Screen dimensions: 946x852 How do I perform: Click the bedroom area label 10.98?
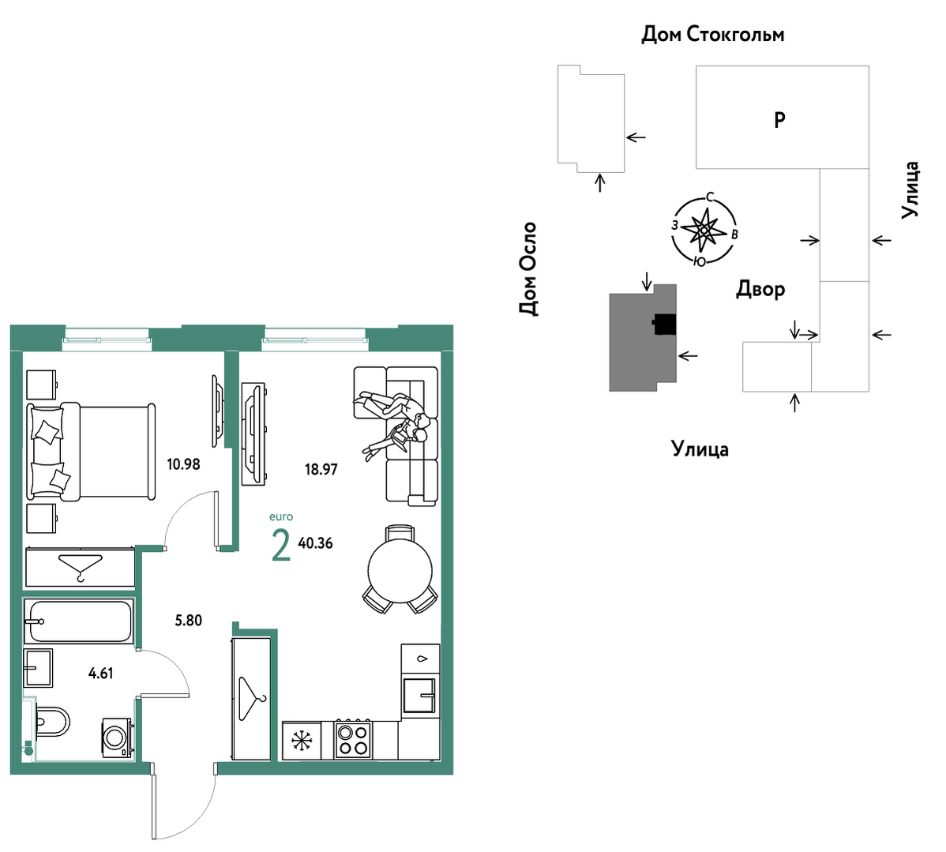click(183, 464)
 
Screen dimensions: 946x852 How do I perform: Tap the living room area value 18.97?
click(321, 469)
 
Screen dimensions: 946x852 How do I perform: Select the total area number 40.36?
click(316, 543)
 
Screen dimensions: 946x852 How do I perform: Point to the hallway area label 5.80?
click(188, 621)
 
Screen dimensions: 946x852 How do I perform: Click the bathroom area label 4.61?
click(101, 674)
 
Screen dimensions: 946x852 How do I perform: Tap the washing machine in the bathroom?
click(118, 737)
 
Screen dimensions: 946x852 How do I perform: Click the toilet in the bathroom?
click(52, 722)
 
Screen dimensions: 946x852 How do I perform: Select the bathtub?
click(78, 621)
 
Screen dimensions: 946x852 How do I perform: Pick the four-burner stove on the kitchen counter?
click(353, 740)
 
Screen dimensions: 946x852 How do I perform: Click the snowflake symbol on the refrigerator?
click(301, 741)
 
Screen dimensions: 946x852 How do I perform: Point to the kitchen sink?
click(420, 695)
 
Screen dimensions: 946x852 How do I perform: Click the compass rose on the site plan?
click(704, 230)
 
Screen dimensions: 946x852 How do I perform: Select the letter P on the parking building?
click(779, 120)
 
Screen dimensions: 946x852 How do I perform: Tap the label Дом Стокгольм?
click(712, 35)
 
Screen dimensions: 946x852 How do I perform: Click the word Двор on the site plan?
click(760, 290)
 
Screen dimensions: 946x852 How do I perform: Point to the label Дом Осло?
click(528, 268)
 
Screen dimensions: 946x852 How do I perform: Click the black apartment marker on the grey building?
click(664, 325)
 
